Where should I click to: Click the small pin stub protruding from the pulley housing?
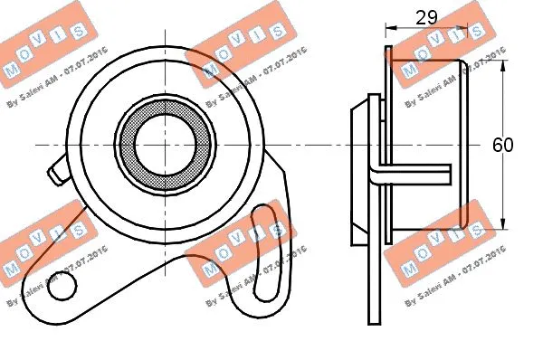57,168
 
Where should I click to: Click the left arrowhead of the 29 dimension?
390,28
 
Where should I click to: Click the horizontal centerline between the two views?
308,146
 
